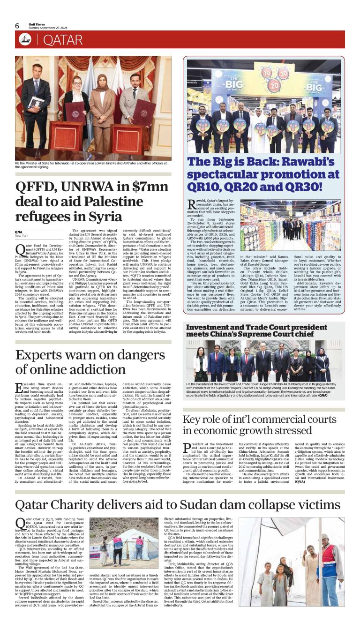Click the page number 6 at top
[x=17, y=26]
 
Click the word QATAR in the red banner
[x=63, y=40]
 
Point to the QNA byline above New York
[x=19, y=232]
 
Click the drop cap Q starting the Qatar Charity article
[x=20, y=523]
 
